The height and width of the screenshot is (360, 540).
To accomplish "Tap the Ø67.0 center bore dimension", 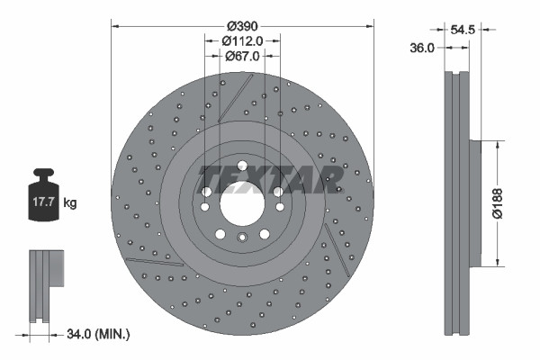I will [x=242, y=55].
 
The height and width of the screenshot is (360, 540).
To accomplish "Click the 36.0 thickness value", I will [x=423, y=49].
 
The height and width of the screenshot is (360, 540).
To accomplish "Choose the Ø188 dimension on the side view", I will [x=508, y=203].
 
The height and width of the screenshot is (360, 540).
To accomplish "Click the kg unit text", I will [x=69, y=203].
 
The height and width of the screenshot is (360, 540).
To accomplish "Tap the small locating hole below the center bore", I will [x=241, y=238].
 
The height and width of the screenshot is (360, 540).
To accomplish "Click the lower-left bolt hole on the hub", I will [x=219, y=233].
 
